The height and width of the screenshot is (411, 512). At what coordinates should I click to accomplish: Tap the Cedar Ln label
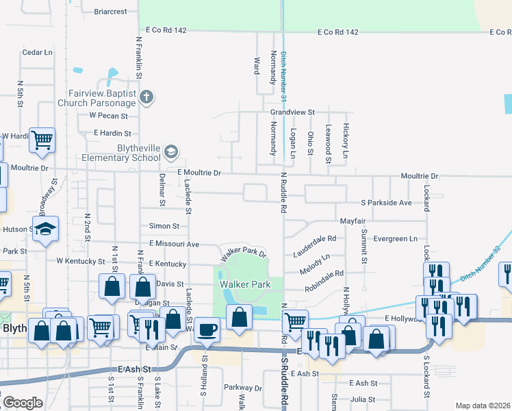[x=37, y=52]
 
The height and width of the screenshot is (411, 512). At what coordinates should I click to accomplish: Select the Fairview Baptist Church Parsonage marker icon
[x=146, y=98]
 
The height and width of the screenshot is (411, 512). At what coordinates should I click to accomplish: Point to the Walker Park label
[x=241, y=284]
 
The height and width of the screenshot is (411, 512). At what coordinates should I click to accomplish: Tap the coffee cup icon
[x=207, y=329]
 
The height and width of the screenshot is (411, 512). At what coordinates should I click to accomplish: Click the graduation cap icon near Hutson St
[x=46, y=229]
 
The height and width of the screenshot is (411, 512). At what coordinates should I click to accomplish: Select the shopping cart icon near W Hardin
[x=42, y=140]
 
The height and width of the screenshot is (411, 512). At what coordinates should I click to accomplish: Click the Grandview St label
[x=292, y=112]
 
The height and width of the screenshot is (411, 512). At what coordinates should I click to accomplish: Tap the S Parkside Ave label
[x=386, y=203]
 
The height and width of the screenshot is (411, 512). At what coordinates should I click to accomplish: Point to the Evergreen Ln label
[x=395, y=238]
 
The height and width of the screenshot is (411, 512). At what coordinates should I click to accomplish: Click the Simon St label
[x=164, y=226]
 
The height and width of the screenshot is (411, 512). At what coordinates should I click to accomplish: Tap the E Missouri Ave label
[x=174, y=244]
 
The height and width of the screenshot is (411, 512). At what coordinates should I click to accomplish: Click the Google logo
[x=23, y=403]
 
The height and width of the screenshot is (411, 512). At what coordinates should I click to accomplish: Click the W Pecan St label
[x=110, y=116]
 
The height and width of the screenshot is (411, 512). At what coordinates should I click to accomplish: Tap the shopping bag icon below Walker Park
[x=239, y=319]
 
